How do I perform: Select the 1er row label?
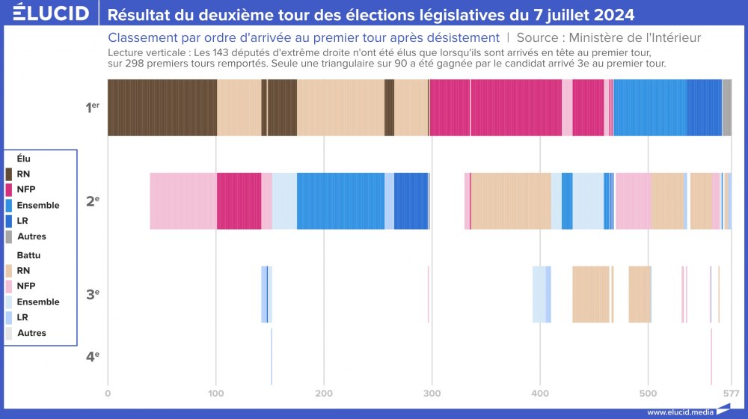tap(92, 107)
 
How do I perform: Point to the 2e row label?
tap(92, 201)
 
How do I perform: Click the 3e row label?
tap(92, 294)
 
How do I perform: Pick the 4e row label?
tap(92, 356)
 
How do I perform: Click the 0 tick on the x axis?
tap(108, 392)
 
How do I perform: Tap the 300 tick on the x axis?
tap(432, 392)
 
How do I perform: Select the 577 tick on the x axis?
tap(731, 392)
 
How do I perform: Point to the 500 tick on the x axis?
tap(648, 392)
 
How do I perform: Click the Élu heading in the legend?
tap(23, 159)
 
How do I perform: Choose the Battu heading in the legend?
tap(28, 255)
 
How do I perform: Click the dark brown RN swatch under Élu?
tap(9, 174)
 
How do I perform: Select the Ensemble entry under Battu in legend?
tap(37, 302)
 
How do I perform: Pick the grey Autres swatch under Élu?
tap(9, 236)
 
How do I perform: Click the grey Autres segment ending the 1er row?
tap(726, 108)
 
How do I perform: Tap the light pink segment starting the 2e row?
tap(183, 201)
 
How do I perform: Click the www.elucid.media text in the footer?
tap(680, 412)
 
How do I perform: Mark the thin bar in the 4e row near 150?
tap(272, 356)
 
